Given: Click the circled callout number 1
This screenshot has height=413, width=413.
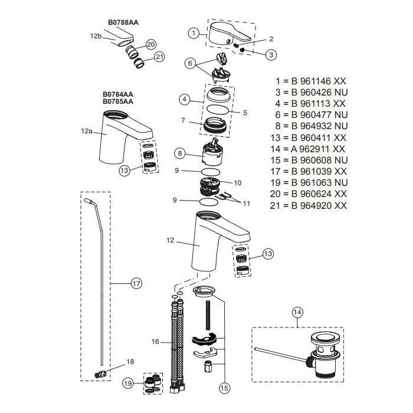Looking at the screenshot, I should tap(194, 33).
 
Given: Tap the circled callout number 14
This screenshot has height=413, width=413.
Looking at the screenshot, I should tap(297, 312).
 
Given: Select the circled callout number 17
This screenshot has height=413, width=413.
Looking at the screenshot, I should tap(136, 284).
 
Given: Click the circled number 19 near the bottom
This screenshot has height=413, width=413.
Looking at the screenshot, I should tap(128, 383).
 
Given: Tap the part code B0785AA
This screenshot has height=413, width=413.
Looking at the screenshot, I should tap(118, 101).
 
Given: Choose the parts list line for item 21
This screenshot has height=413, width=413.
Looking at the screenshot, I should tap(310, 205).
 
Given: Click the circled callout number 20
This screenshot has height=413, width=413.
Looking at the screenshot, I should tap(150, 44).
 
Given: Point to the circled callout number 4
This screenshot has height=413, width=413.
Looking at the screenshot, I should tap(184, 100).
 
